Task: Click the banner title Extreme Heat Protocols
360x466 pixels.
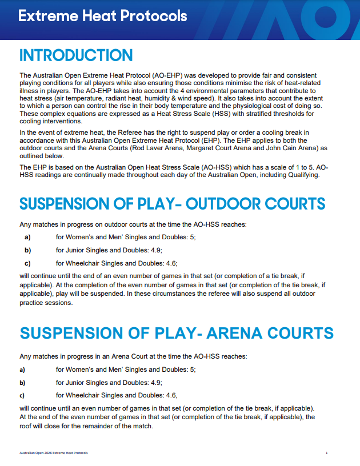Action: point(103,16)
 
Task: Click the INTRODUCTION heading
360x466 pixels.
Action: point(76,55)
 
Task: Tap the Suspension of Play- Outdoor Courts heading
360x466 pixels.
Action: point(172,204)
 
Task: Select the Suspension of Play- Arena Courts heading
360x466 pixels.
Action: point(177,333)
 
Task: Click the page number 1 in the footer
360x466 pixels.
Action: point(326,453)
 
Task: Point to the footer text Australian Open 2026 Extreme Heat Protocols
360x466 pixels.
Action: point(54,453)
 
